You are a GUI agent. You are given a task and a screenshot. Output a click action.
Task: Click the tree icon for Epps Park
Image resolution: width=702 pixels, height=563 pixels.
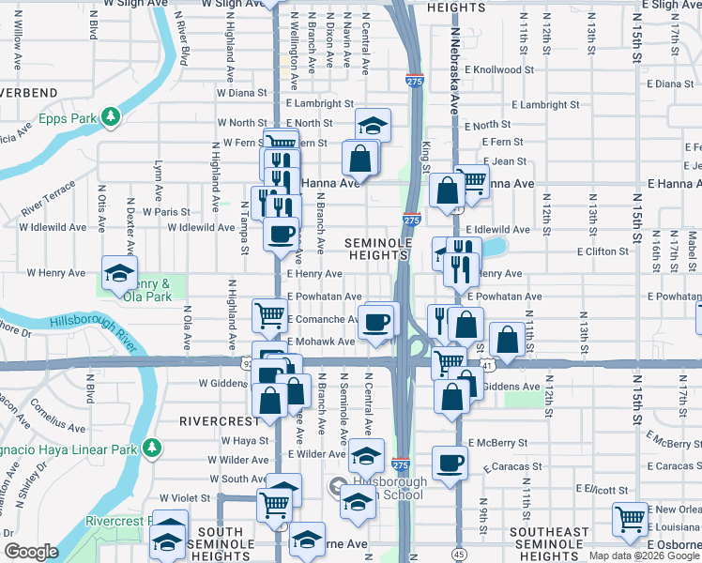coord(112,116)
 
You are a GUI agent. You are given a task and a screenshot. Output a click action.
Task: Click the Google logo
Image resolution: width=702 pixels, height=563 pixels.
coord(31,551)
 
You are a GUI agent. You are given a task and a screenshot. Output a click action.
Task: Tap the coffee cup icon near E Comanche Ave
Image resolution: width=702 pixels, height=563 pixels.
coord(376,322)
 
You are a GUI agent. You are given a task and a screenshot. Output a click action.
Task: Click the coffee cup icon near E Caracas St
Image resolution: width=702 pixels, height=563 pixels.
coord(450,462)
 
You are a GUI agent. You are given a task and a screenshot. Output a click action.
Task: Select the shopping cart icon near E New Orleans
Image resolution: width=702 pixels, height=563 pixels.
coord(629,518)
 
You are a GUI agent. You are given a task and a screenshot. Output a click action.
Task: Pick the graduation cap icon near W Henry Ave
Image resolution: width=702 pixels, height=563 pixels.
coord(118,273)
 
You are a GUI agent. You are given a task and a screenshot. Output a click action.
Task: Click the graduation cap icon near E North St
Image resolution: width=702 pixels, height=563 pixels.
coord(373,126)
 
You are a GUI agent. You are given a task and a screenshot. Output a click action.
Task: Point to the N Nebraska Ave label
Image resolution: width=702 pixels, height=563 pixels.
coord(454,71)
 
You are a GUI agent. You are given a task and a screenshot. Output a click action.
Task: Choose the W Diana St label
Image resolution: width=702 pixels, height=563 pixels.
coord(242,93)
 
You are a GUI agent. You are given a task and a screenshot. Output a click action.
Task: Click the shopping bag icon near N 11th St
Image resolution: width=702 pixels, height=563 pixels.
coord(507,342)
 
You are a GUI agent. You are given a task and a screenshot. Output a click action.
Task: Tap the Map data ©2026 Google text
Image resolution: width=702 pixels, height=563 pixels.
coord(644,555)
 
